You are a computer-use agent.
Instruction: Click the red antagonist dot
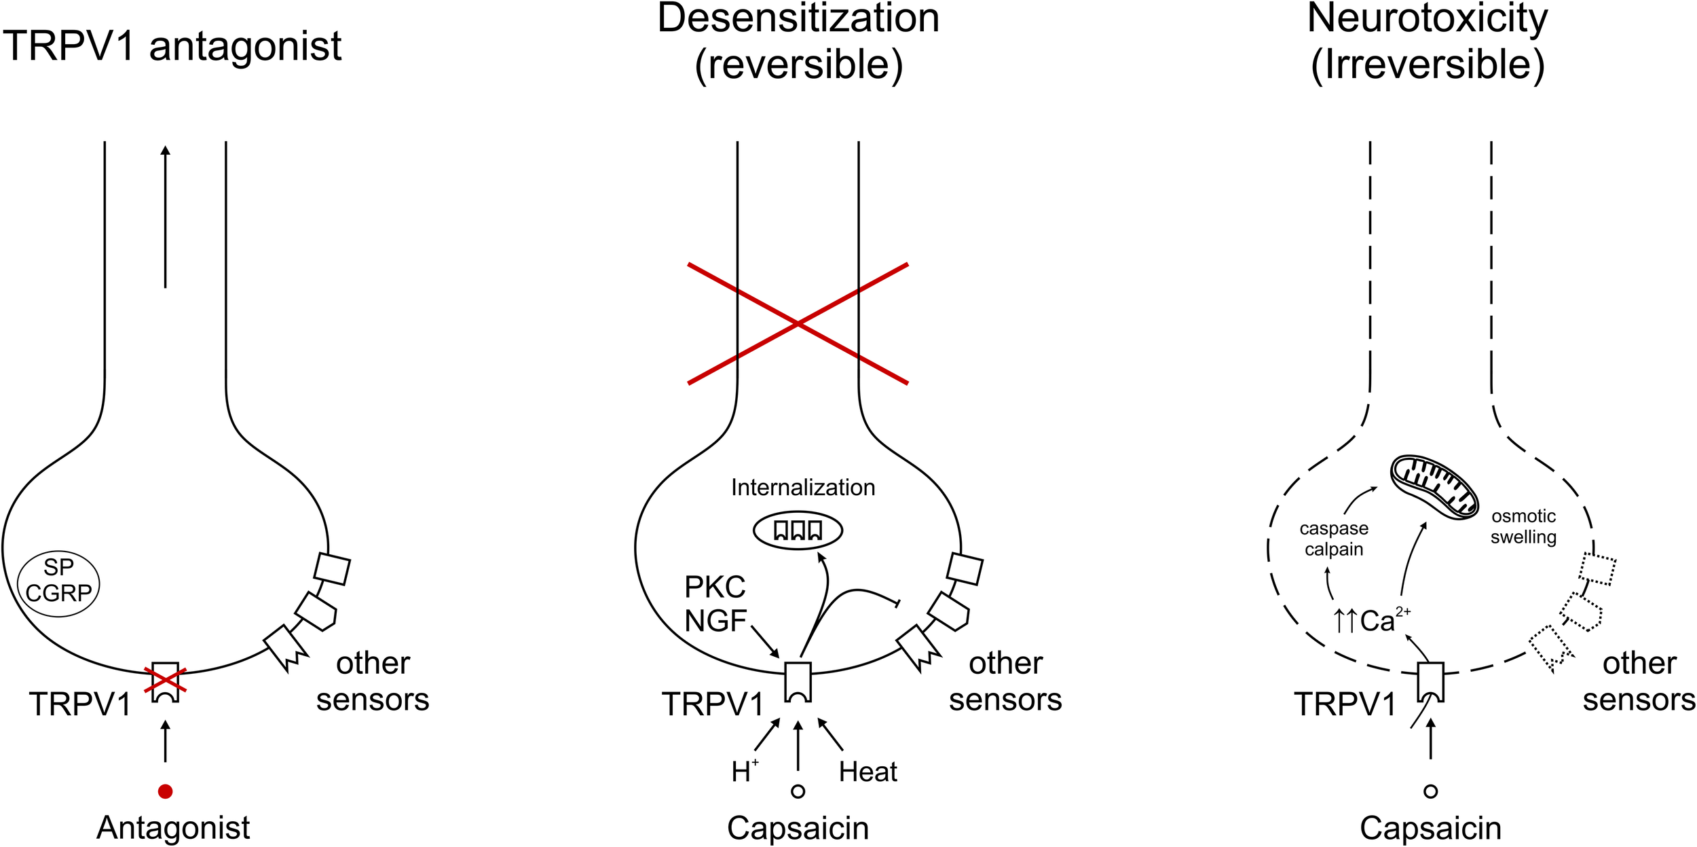pos(165,791)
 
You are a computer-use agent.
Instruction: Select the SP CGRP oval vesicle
pos(58,583)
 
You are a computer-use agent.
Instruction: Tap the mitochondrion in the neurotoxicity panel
pos(1434,486)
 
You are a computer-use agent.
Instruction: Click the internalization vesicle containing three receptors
pos(798,530)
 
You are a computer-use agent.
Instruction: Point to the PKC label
pos(714,587)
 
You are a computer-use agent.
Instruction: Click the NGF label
pos(715,621)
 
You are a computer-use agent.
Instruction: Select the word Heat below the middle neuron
pos(868,772)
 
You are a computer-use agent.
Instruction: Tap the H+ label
pos(744,772)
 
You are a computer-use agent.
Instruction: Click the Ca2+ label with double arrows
pos(1371,621)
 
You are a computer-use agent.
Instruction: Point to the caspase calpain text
pos(1334,539)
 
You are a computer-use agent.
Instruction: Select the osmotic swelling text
pos(1523,526)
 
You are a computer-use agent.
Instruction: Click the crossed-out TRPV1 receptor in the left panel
pos(165,681)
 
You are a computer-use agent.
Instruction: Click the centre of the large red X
pos(798,324)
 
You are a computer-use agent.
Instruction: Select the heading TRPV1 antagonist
pos(172,46)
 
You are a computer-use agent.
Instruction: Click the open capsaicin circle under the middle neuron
pos(798,791)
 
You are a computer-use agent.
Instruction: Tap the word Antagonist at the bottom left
pos(173,827)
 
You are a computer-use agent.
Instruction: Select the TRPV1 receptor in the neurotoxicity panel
pos(1430,681)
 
